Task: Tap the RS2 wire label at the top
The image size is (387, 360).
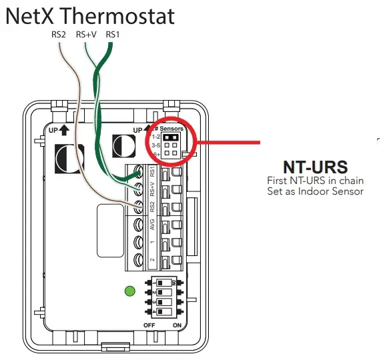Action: [x=59, y=35]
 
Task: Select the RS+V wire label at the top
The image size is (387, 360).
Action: [x=85, y=35]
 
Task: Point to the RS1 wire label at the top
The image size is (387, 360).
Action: [x=112, y=35]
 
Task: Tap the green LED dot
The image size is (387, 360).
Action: [x=129, y=291]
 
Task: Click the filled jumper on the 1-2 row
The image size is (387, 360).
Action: [x=170, y=135]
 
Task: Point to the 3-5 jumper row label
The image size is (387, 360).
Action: [x=155, y=144]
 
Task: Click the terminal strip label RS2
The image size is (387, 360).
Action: [x=152, y=207]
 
